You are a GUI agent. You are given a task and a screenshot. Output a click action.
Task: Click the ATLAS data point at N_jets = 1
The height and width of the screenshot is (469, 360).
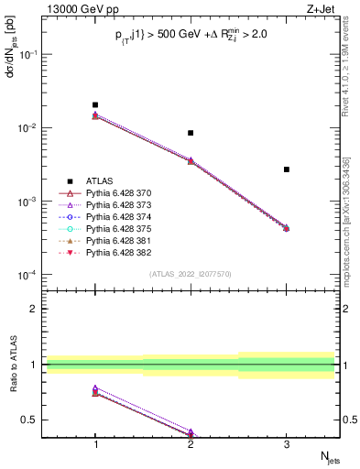click(95, 105)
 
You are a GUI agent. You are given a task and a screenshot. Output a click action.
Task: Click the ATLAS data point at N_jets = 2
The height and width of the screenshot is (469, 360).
click(191, 133)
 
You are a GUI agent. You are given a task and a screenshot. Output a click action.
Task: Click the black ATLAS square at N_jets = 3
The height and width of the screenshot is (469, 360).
click(286, 169)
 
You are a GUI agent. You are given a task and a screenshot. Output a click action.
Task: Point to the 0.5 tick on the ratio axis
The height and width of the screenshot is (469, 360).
click(35, 420)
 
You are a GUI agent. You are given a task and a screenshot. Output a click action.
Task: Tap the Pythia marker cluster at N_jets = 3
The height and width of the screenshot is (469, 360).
click(286, 228)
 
